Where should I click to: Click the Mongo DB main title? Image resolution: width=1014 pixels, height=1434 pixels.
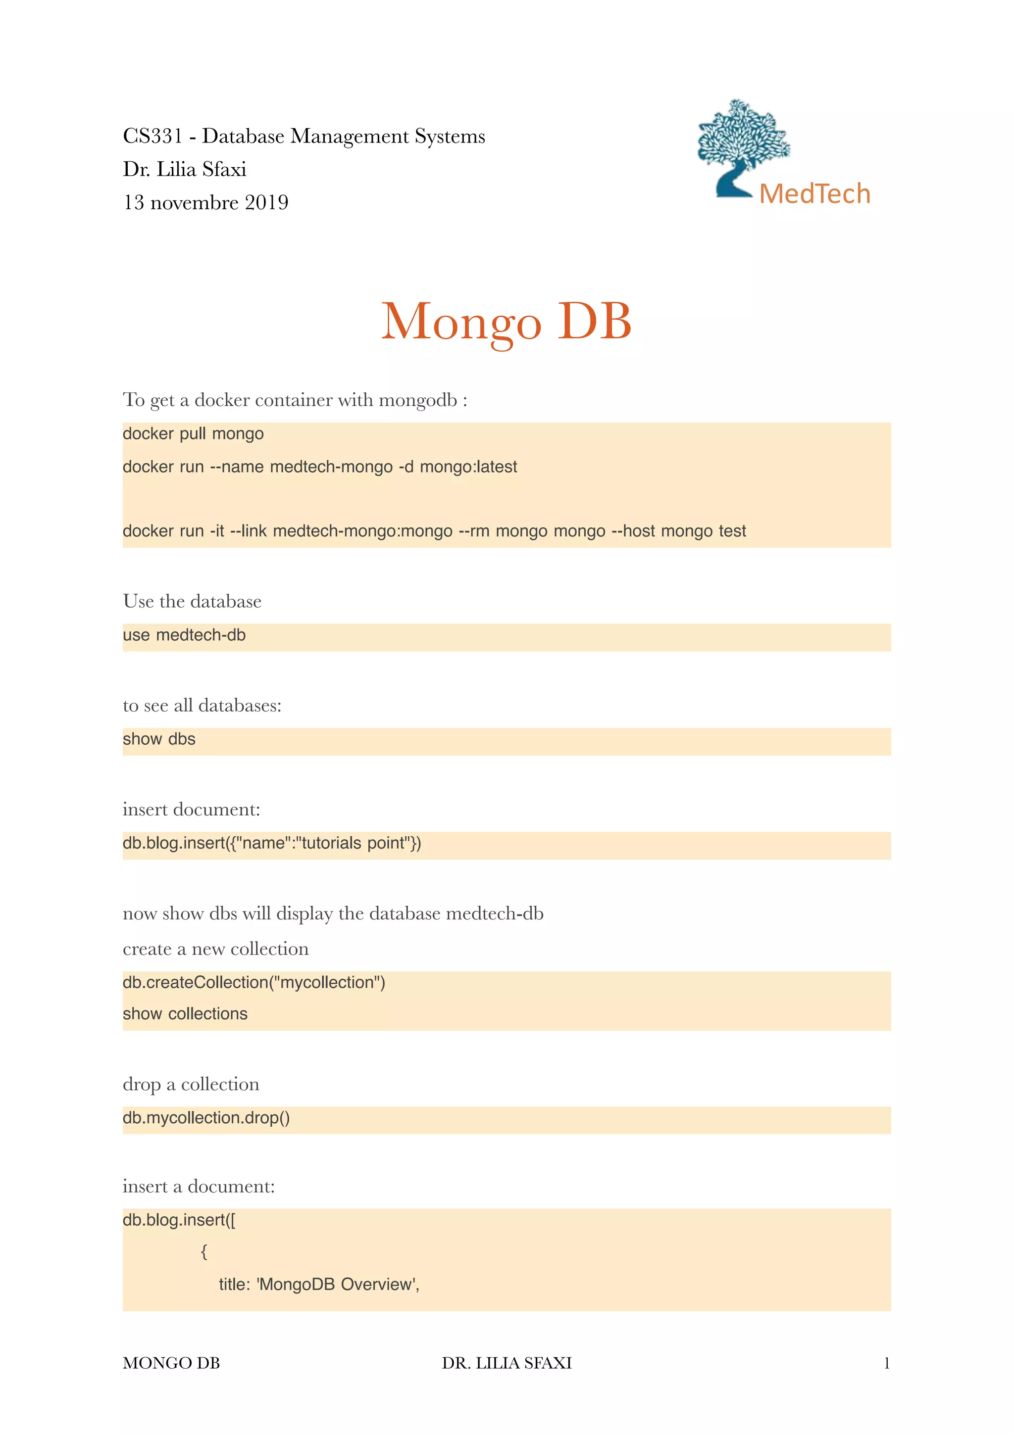506,321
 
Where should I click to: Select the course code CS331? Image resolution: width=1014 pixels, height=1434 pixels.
152,136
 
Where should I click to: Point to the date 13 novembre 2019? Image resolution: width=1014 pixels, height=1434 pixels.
205,202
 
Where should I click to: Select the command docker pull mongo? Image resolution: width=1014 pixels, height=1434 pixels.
193,433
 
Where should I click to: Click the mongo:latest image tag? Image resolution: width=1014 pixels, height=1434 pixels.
468,467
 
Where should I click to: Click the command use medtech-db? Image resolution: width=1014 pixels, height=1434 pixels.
184,635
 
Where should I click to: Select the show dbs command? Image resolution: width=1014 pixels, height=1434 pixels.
159,739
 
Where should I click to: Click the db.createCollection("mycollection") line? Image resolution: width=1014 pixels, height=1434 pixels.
253,982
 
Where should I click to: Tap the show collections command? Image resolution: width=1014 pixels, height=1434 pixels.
185,1014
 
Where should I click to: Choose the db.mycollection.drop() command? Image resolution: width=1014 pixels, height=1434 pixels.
206,1117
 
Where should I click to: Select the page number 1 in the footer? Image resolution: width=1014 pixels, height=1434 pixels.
886,1363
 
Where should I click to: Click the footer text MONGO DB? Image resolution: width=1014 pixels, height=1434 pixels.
171,1363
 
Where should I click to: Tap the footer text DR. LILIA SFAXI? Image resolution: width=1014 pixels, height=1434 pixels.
506,1363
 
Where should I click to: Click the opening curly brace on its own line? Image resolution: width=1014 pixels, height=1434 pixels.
203,1251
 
